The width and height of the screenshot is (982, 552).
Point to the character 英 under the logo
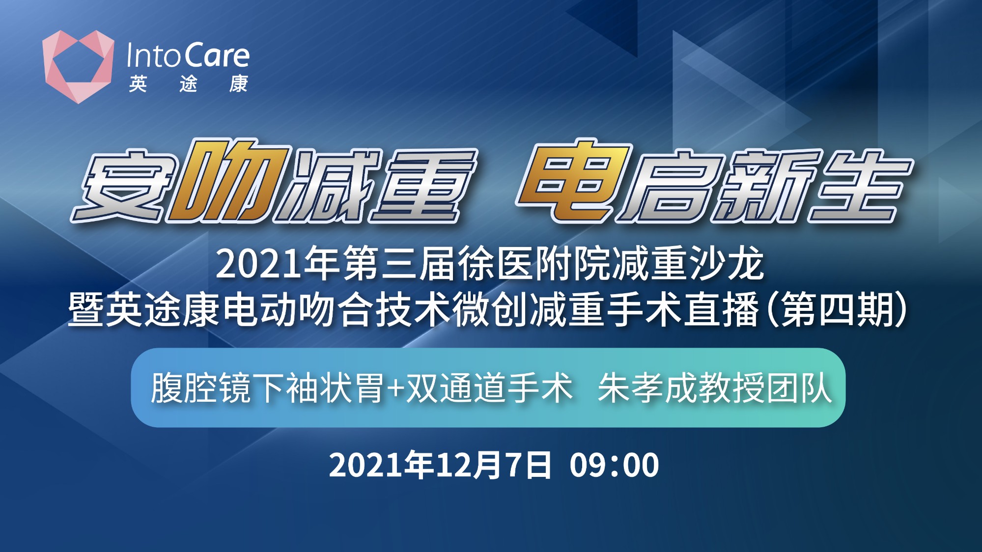tap(138, 84)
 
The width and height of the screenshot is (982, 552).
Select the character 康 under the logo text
tap(239, 84)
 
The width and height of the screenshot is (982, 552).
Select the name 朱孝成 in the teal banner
tap(647, 388)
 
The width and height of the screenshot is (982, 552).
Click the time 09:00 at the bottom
tap(614, 465)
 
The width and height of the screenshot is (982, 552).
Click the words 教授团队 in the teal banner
tap(765, 388)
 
